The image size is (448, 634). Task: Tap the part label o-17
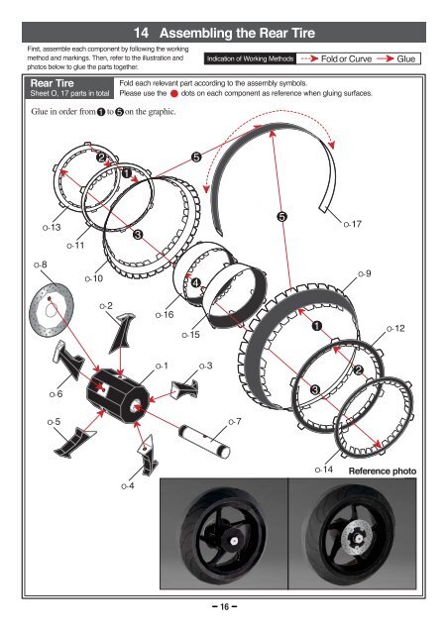351,226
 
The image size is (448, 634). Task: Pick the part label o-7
234,422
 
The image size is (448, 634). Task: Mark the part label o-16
165,314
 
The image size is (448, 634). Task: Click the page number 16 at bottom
224,607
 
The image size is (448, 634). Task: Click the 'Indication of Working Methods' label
248,59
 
